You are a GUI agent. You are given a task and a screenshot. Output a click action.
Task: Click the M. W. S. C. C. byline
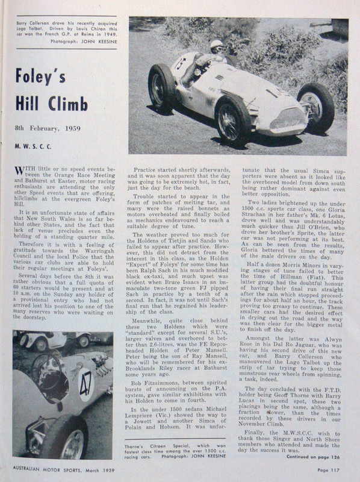pos(35,146)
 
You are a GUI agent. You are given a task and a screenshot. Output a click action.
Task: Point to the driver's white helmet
pos(215,46)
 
